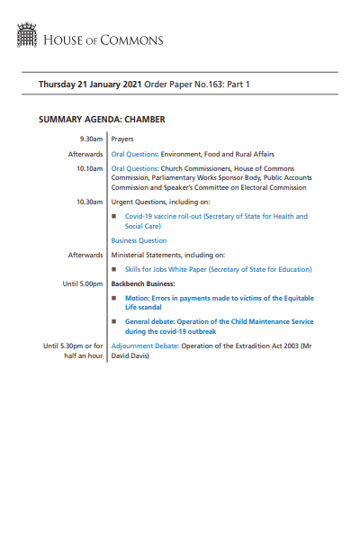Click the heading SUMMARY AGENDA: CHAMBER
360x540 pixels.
click(x=102, y=120)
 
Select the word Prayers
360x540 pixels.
click(x=124, y=140)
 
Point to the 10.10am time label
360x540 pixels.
click(x=89, y=168)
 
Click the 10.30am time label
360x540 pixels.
click(x=89, y=202)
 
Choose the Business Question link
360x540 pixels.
click(x=140, y=241)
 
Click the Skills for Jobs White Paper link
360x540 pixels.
click(x=219, y=269)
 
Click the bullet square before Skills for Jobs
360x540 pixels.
click(x=114, y=269)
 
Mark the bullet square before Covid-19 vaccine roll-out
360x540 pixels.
click(x=114, y=217)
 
